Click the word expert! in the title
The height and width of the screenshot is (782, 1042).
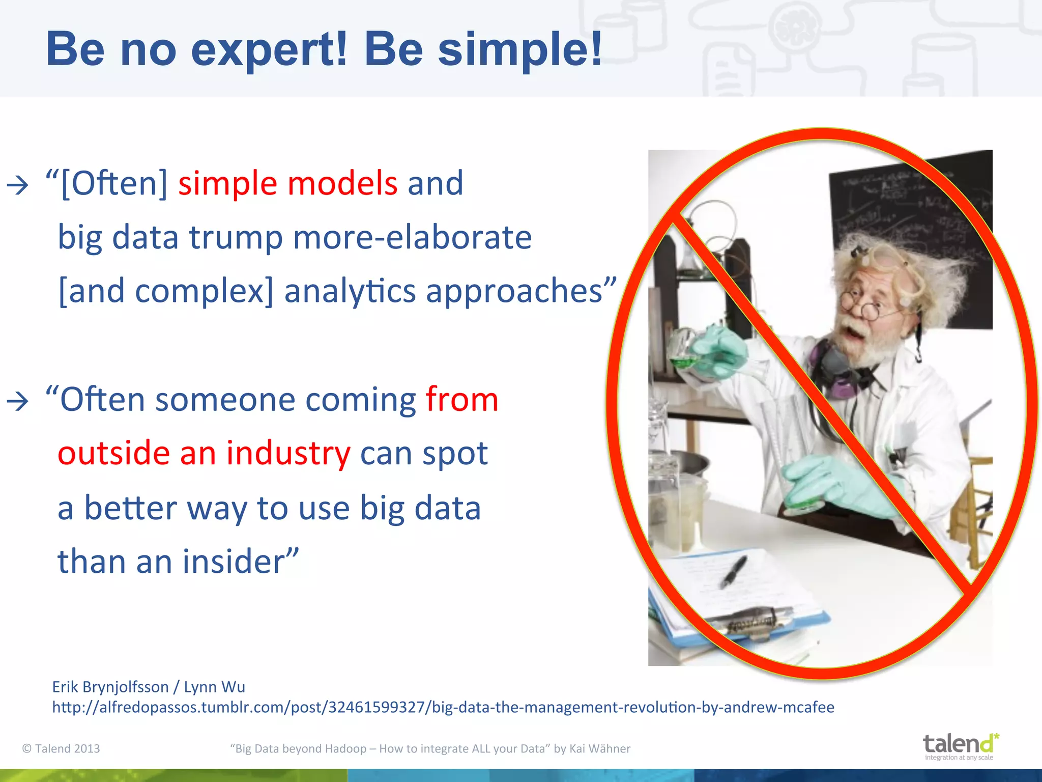(269, 50)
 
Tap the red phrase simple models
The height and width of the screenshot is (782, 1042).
(287, 183)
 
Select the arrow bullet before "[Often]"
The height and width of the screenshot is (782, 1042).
(18, 185)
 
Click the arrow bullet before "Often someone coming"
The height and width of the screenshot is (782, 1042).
(18, 402)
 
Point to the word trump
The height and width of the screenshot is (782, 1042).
(236, 238)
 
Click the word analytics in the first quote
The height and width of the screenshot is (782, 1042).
(350, 292)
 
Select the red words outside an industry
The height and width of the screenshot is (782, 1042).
(204, 453)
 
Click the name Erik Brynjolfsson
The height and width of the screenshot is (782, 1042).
(110, 687)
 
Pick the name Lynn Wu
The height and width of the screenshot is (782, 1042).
(214, 687)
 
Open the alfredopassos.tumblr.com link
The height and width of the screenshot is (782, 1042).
(443, 708)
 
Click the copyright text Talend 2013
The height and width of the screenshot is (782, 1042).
(62, 749)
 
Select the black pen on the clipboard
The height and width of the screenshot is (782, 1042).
(733, 572)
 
